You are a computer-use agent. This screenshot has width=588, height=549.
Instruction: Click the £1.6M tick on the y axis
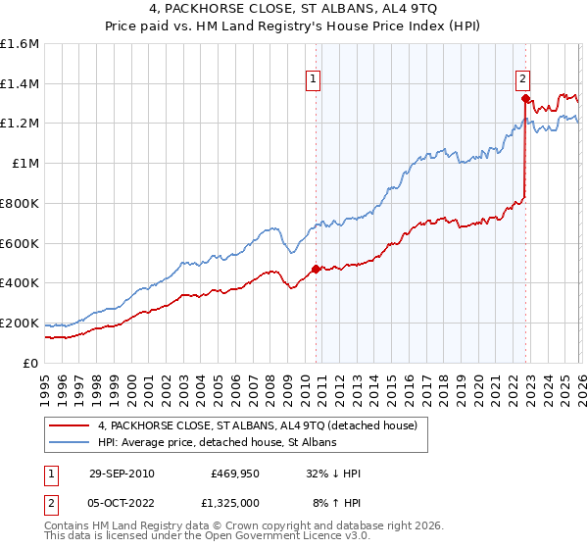click(20, 44)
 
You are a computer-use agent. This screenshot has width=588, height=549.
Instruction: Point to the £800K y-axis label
click(20, 204)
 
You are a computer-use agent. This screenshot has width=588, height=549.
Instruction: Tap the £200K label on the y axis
click(20, 323)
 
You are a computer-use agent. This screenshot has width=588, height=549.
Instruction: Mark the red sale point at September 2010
click(316, 269)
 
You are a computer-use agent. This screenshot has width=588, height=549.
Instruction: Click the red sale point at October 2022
click(526, 98)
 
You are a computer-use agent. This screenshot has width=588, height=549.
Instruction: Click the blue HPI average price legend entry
click(217, 443)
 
